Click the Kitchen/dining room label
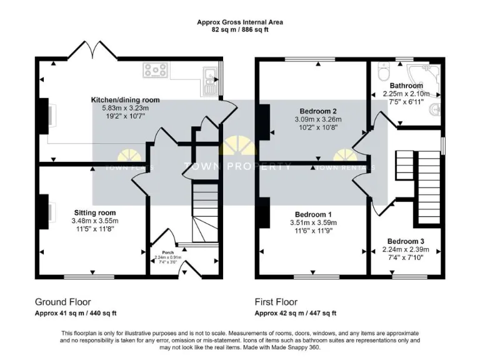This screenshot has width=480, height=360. [x=125, y=100]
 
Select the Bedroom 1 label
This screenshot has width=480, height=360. [x=313, y=214]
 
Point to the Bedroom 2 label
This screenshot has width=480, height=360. [x=318, y=111]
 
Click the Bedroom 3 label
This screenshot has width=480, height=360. [x=405, y=241]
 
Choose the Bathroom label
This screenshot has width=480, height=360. [x=406, y=86]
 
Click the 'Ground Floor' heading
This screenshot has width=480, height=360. [x=61, y=301]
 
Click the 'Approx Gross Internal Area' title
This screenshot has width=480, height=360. [x=240, y=21]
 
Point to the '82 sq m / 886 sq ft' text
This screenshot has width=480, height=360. [x=240, y=29]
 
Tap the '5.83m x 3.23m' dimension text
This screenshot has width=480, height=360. [x=125, y=108]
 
